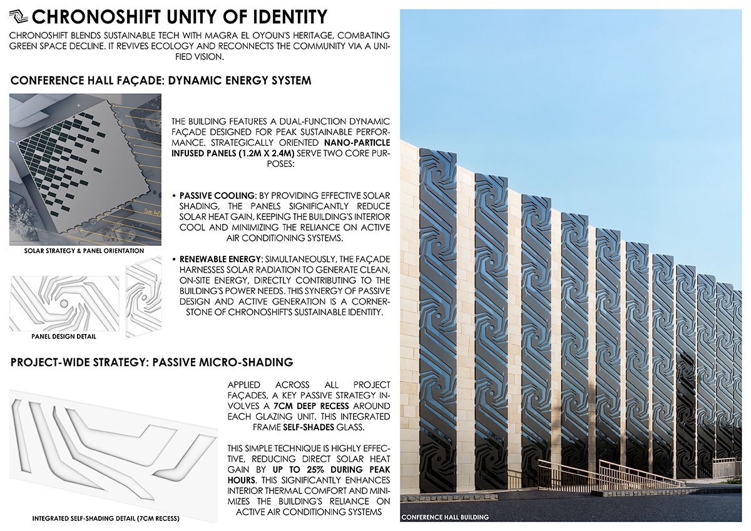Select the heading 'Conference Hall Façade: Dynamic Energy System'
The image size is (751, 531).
pyautogui.click(x=161, y=81)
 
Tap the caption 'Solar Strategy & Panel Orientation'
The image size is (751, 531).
pyautogui.click(x=84, y=251)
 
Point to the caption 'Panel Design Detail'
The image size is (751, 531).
pyautogui.click(x=64, y=336)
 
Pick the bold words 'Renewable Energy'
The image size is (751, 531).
pyautogui.click(x=212, y=258)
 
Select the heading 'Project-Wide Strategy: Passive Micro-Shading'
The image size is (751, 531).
pyautogui.click(x=152, y=363)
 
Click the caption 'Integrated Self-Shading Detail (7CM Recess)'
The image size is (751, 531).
pyautogui.click(x=106, y=519)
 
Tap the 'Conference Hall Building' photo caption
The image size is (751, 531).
pyautogui.click(x=445, y=517)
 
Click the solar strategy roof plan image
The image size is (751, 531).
pyautogui.click(x=85, y=169)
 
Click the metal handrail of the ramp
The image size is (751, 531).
pyautogui.click(x=632, y=472)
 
